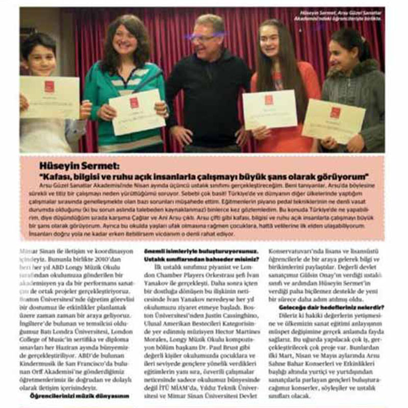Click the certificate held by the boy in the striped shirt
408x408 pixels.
coord(49,97)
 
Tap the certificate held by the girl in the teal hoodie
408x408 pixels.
coord(137,112)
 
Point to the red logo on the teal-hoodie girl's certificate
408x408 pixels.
coord(134,103)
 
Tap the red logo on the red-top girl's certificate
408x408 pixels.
coord(268,99)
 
